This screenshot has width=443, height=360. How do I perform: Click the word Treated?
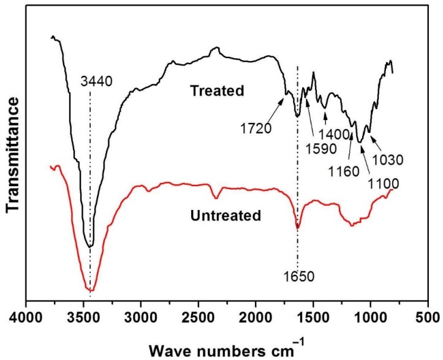(217, 91)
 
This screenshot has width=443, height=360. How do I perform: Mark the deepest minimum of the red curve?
(91, 290)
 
